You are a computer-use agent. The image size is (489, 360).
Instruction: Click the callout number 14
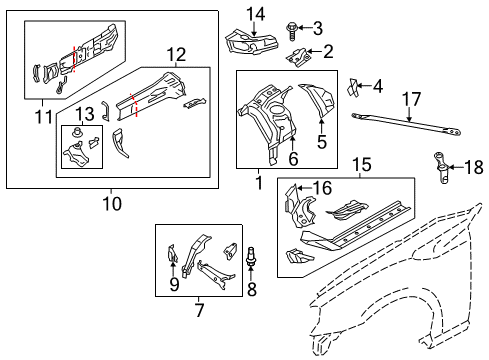tap(257, 13)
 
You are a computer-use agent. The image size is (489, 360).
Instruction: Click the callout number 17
tap(408, 99)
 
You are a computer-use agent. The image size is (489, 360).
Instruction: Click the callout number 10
tap(111, 203)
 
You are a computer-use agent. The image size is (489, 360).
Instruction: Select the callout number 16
tap(322, 187)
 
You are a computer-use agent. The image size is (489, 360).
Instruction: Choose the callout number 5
tap(321, 142)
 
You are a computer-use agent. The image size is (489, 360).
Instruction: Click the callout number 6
tap(293, 159)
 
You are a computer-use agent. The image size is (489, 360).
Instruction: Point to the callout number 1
tap(258, 182)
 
